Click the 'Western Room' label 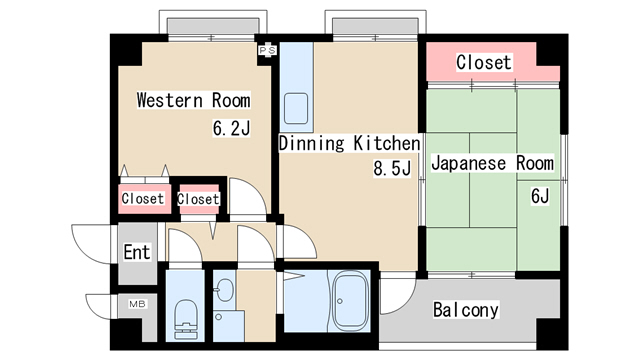tap(193, 101)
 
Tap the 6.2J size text tap(230, 128)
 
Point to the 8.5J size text tap(392, 169)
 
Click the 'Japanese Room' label tap(491, 163)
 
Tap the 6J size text tap(539, 195)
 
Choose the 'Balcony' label tap(465, 310)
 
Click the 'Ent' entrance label tap(136, 252)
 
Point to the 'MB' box tap(135, 302)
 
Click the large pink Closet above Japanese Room tap(485, 63)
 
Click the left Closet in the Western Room tap(142, 199)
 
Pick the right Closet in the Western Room tap(198, 199)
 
